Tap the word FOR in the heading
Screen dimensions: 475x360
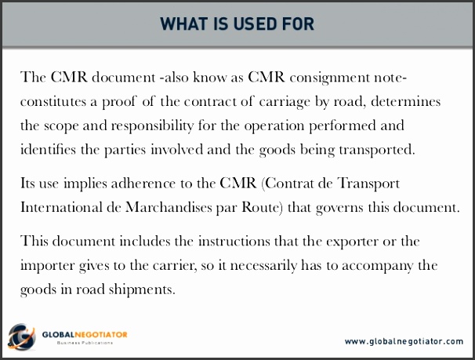[298, 24]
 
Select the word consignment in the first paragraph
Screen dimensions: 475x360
[329, 78]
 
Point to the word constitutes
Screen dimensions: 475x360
[53, 101]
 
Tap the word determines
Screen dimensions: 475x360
[405, 101]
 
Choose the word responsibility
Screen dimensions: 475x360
[152, 125]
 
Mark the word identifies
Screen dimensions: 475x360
[48, 149]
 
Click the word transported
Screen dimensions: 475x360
[376, 150]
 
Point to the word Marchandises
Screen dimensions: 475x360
[169, 208]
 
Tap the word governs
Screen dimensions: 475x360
[339, 208]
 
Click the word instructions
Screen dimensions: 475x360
[234, 242]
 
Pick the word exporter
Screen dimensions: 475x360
[352, 242]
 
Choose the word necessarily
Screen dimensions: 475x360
[263, 266]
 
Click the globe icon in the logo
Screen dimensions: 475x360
[21, 336]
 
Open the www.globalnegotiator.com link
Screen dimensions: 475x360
[404, 341]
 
